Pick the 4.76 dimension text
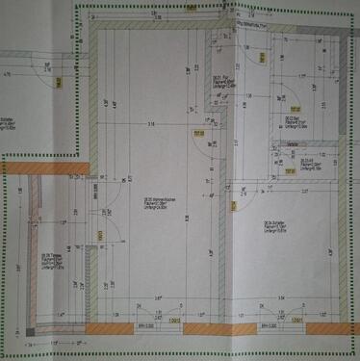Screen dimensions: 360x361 (x=8, y=73)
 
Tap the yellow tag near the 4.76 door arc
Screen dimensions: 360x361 (x=59, y=84)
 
